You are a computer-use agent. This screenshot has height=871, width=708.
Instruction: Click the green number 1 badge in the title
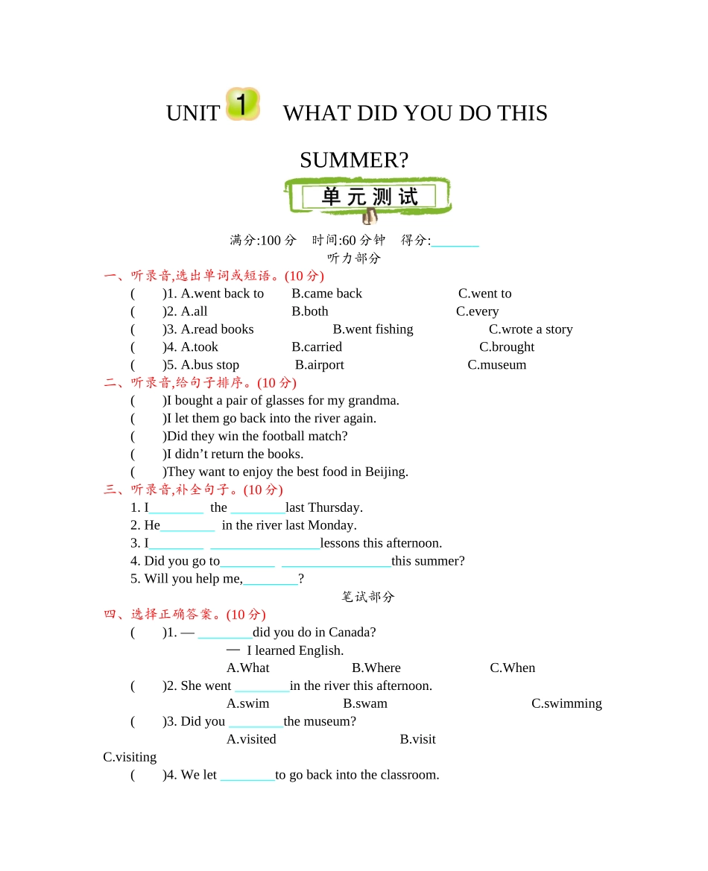pyautogui.click(x=242, y=104)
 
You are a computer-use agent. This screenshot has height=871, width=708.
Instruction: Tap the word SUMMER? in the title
pyautogui.click(x=354, y=160)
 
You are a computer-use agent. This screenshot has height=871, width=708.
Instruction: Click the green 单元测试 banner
pyautogui.click(x=368, y=197)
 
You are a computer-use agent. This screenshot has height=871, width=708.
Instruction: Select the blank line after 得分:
pyautogui.click(x=455, y=241)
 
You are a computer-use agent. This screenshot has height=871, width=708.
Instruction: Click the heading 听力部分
pyautogui.click(x=354, y=259)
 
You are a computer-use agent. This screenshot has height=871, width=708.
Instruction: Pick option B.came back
pyautogui.click(x=326, y=294)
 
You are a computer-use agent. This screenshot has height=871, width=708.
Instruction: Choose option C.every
pyautogui.click(x=477, y=311)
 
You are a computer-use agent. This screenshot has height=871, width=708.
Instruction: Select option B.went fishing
pyautogui.click(x=373, y=329)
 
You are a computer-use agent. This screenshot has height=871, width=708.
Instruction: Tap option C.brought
pyautogui.click(x=507, y=347)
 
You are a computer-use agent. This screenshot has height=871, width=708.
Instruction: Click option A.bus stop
pyautogui.click(x=210, y=365)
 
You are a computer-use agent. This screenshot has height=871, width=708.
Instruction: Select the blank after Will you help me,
pyautogui.click(x=271, y=580)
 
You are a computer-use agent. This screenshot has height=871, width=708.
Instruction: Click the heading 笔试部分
pyautogui.click(x=368, y=597)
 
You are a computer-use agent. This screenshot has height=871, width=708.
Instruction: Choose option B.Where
pyautogui.click(x=376, y=668)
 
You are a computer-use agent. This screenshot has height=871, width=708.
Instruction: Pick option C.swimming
pyautogui.click(x=566, y=704)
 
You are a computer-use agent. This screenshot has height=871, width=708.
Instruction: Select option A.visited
pyautogui.click(x=251, y=740)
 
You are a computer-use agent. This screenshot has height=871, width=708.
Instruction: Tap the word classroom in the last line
pyautogui.click(x=408, y=776)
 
